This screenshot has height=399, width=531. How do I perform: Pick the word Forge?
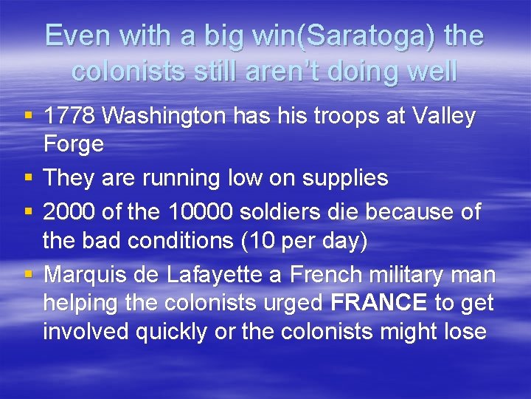[x=73, y=143]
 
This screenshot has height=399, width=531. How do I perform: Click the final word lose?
[x=464, y=332]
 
